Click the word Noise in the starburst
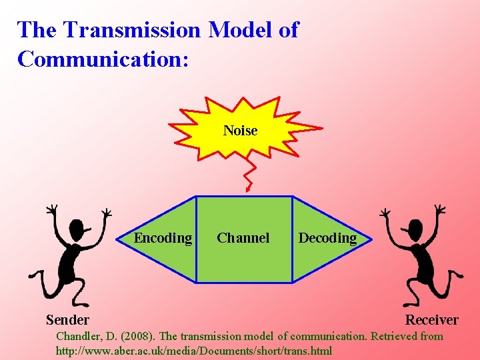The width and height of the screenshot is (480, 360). (240, 131)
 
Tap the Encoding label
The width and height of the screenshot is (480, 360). (163, 238)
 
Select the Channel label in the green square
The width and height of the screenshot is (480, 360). (243, 238)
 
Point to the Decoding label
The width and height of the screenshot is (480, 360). (327, 238)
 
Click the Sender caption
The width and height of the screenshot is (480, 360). (67, 320)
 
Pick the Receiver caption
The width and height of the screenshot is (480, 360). (431, 320)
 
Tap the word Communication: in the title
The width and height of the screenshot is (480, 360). (103, 59)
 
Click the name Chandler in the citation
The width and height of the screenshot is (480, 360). (78, 336)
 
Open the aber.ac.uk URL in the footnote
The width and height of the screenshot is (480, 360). (193, 351)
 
